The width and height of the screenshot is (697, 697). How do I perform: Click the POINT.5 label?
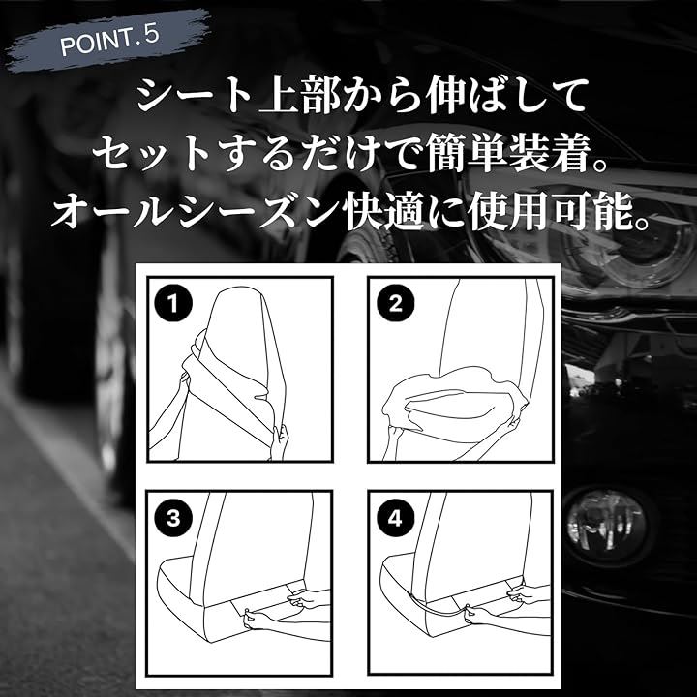[109, 41]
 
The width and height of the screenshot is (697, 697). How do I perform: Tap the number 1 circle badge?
[173, 304]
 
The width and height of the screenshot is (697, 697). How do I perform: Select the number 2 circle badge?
[395, 304]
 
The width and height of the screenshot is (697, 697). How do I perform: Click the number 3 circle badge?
[173, 518]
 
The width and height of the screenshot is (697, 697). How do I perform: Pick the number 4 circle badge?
[395, 518]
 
